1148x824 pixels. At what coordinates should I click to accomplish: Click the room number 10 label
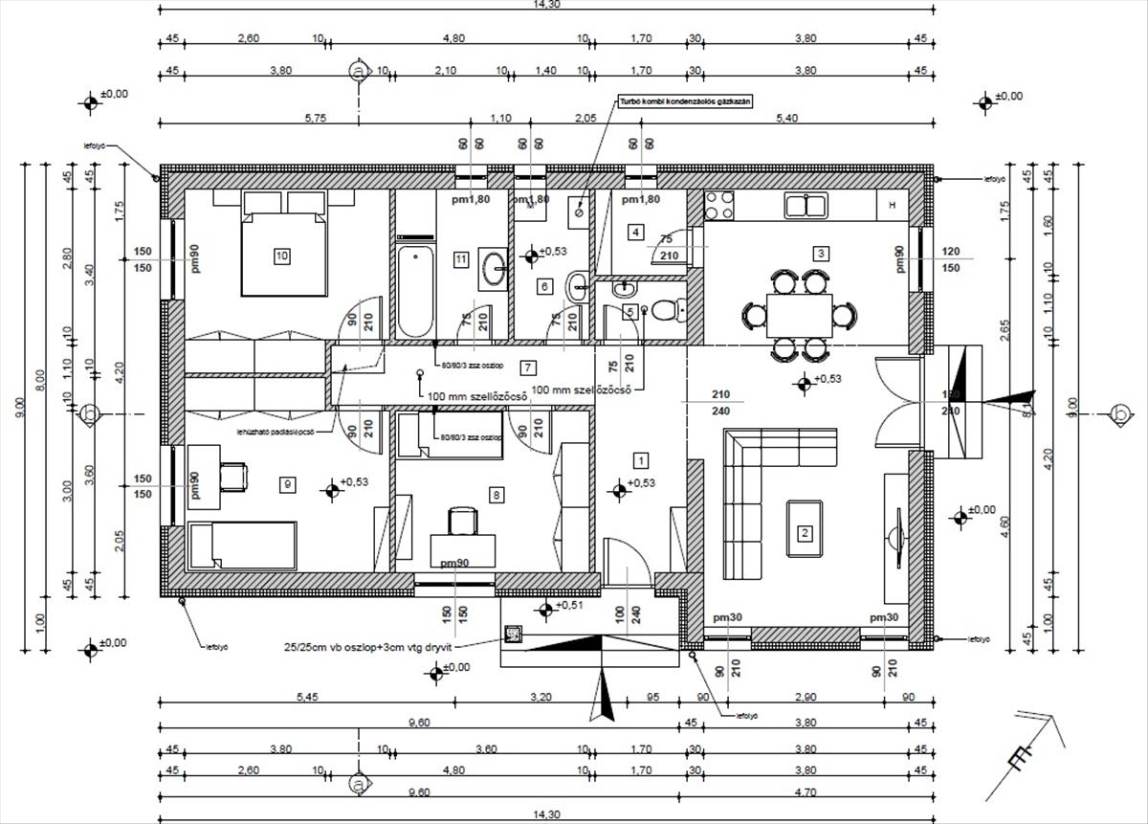(x=281, y=256)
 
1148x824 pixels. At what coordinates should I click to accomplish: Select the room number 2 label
(x=805, y=533)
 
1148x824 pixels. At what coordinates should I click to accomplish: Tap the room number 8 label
(x=496, y=495)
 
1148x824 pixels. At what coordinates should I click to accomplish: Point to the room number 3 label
(x=820, y=254)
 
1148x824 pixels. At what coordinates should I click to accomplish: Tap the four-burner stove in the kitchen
(x=719, y=204)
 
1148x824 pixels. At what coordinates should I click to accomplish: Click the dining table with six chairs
(x=799, y=314)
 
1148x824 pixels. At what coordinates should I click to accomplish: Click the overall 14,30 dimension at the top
(x=547, y=5)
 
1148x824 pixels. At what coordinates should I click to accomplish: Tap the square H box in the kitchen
(x=892, y=205)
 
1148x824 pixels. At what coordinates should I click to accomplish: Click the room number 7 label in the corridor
(x=527, y=367)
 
